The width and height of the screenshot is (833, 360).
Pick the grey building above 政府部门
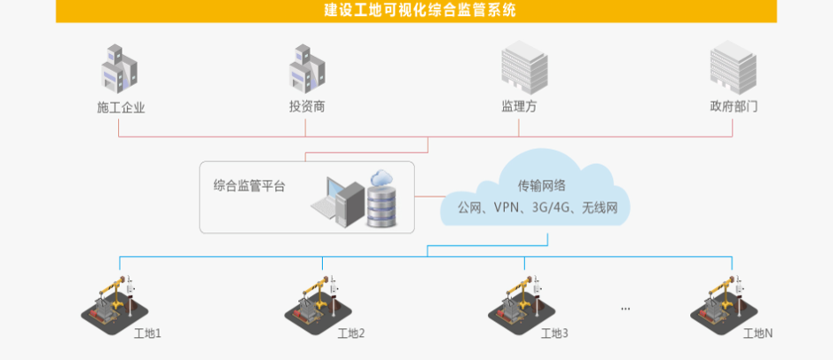point(733,68)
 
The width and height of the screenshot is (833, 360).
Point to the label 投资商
point(307,106)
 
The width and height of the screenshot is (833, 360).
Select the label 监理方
point(519,106)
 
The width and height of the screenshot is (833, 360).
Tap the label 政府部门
point(734,106)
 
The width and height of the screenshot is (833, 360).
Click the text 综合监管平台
point(249,186)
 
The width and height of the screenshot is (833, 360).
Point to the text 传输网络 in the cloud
point(543,186)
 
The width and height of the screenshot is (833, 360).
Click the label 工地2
point(351,334)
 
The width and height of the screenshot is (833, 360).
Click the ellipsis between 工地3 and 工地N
point(625,309)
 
